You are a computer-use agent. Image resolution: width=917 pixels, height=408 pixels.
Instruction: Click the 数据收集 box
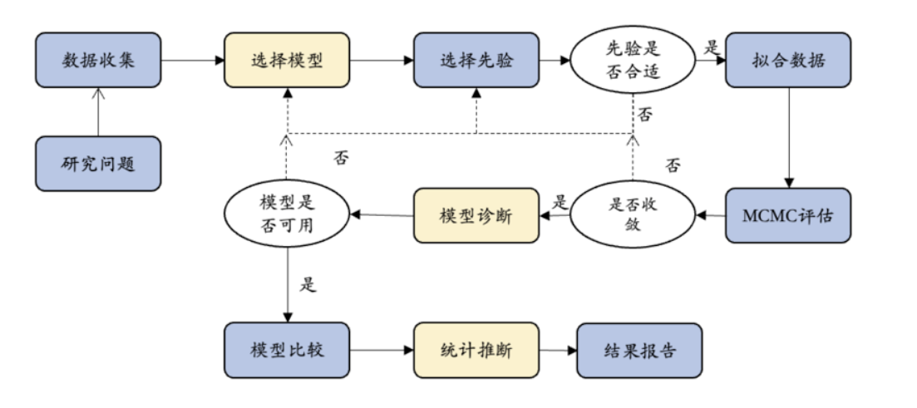pyautogui.click(x=98, y=61)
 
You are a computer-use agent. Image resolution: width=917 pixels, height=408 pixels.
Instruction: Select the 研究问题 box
pyautogui.click(x=98, y=164)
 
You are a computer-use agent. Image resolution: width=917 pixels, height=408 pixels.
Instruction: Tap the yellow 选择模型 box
pyautogui.click(x=287, y=61)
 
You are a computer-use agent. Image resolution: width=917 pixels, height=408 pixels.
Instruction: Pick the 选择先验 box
pyautogui.click(x=476, y=61)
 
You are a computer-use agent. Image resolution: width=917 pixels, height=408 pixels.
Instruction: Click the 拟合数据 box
pyautogui.click(x=788, y=61)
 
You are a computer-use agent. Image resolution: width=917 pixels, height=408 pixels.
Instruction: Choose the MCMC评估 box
pyautogui.click(x=788, y=215)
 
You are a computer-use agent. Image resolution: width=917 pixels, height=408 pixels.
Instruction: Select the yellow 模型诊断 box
pyautogui.click(x=476, y=215)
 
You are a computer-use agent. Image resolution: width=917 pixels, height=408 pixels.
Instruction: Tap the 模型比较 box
pyautogui.click(x=287, y=350)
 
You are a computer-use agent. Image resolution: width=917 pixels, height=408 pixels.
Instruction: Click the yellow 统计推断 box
pyautogui.click(x=476, y=350)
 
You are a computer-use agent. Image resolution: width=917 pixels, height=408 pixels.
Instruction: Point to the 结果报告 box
pyautogui.click(x=639, y=350)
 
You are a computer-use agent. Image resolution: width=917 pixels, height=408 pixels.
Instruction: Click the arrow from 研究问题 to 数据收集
pyautogui.click(x=98, y=111)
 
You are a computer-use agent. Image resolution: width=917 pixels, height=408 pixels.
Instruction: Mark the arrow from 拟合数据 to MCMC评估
pyautogui.click(x=788, y=137)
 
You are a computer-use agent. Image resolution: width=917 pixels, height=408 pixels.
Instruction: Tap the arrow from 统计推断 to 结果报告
pyautogui.click(x=557, y=350)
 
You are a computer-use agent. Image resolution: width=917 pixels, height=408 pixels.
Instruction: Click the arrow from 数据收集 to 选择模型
pyautogui.click(x=193, y=61)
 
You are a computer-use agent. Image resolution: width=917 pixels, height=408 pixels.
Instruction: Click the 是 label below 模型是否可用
pyautogui.click(x=308, y=284)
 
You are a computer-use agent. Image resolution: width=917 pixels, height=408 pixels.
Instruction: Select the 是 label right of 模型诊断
pyautogui.click(x=560, y=202)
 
